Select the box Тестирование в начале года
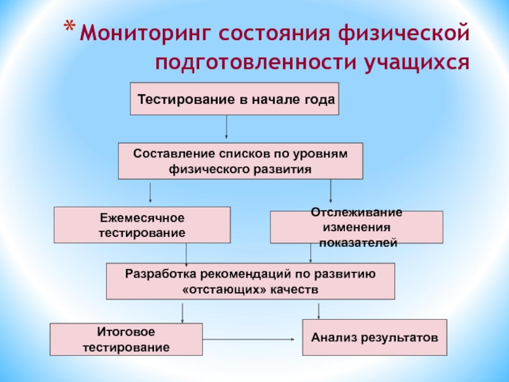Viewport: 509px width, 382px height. tap(234, 99)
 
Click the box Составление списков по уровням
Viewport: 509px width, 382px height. tap(241, 161)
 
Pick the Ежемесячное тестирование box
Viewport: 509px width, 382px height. tap(142, 225)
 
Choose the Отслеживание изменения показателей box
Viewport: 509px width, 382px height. tap(356, 227)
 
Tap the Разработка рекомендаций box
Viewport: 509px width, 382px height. tap(250, 281)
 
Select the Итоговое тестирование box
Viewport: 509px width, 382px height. tap(126, 339)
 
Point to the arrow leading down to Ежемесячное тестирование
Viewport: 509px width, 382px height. tap(150, 192)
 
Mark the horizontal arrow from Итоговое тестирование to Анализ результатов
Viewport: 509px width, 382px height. tap(251, 339)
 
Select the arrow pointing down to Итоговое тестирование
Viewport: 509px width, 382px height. tap(183, 311)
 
